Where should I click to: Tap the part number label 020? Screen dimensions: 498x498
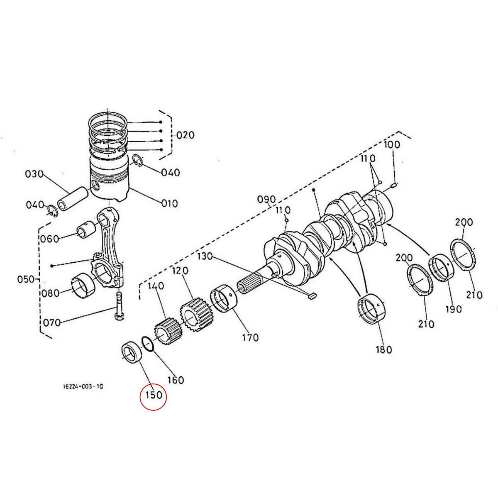[x=185, y=135]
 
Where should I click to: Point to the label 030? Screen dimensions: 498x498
[x=34, y=174]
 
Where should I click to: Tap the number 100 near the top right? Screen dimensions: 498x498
[x=391, y=145]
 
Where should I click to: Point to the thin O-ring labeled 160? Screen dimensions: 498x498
[x=148, y=344]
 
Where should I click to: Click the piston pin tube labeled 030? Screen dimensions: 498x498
[x=72, y=198]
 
